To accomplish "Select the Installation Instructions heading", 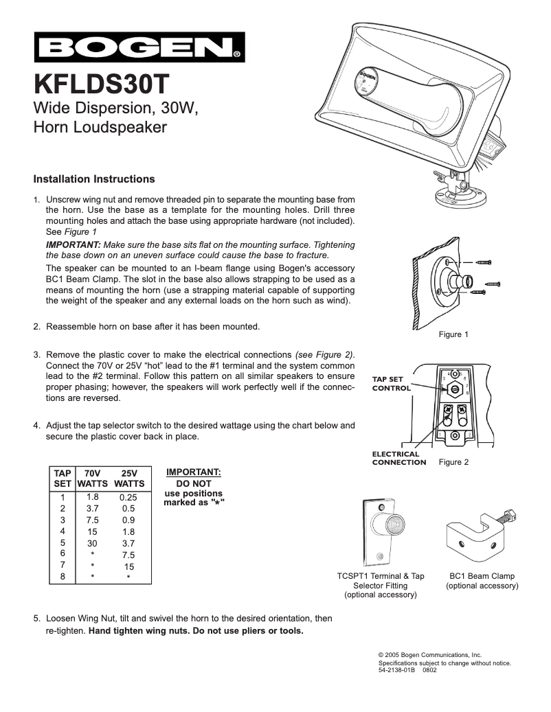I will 94,179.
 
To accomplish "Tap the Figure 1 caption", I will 453,334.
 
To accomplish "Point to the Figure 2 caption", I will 453,462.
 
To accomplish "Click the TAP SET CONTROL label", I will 392,383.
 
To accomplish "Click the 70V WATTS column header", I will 92,479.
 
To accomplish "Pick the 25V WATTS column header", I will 129,479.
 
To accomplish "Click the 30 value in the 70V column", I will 92,542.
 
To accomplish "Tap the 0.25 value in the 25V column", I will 128,497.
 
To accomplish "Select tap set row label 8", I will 63,577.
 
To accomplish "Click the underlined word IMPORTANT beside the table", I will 194,472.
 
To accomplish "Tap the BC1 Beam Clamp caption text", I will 482,581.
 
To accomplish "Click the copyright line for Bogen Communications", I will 430,656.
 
